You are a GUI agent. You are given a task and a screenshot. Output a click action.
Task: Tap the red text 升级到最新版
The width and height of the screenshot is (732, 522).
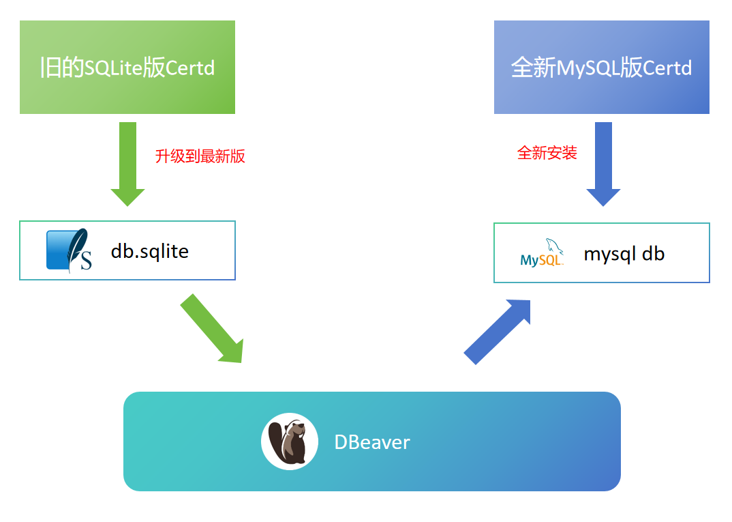pos(200,156)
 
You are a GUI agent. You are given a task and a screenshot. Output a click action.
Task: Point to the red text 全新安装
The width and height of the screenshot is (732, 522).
pos(547,153)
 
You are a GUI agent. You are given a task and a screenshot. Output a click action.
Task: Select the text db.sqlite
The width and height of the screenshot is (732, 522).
pos(150,251)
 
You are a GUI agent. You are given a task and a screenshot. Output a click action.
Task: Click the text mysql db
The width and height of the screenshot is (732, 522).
pos(624,254)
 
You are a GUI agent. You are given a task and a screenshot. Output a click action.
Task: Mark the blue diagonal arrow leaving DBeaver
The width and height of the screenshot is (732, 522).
pos(498,331)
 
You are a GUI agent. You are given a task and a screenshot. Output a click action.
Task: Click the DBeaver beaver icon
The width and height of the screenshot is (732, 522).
pos(290,441)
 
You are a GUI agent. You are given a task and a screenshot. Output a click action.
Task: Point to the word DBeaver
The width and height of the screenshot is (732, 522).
pos(372,442)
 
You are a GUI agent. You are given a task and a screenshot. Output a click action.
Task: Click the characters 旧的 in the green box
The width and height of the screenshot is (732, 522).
pos(61,68)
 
